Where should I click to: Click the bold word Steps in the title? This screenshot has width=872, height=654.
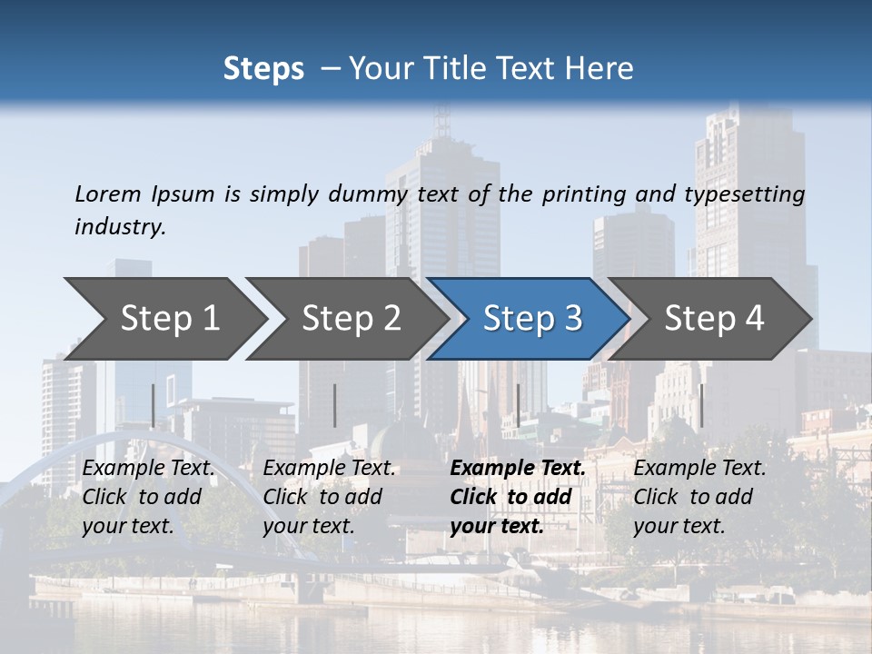(x=263, y=69)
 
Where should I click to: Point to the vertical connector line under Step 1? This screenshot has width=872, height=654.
(x=153, y=405)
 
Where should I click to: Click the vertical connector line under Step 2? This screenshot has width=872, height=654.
(x=335, y=405)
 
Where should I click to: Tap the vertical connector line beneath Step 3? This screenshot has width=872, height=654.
(x=518, y=405)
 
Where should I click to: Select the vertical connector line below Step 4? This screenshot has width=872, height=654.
(x=701, y=405)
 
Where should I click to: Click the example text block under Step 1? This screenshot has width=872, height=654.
(x=148, y=497)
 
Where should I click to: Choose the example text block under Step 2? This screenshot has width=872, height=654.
(x=329, y=497)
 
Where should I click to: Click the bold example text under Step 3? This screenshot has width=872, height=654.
(x=517, y=497)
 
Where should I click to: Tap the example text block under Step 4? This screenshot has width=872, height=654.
(x=699, y=497)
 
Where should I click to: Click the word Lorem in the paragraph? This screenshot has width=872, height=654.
(x=108, y=194)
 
